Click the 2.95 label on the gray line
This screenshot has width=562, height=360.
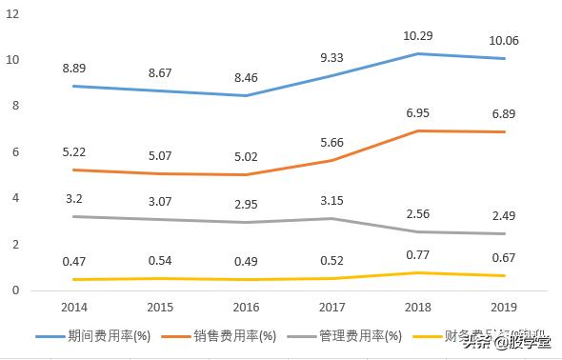[248, 205]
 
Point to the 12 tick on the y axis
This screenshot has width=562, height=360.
[12, 13]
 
